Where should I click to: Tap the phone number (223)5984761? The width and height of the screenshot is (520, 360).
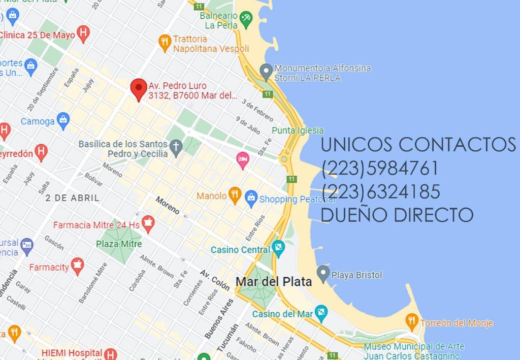point(380,168)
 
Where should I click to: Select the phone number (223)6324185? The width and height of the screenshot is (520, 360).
point(380,192)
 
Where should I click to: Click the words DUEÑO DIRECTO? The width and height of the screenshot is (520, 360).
point(397,215)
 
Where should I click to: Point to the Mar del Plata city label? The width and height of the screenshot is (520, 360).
point(274,281)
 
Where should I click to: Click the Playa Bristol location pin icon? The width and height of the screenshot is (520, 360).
point(323,274)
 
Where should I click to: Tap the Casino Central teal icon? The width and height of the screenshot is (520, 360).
point(278,249)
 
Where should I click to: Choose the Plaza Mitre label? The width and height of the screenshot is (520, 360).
point(119,244)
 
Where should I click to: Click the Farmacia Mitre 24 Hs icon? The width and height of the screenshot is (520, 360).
point(148,223)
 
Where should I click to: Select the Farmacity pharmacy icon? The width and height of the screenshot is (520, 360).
point(78,266)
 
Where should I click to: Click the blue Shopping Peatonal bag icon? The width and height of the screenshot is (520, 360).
point(251,199)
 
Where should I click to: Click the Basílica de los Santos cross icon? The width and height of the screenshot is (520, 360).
point(176,148)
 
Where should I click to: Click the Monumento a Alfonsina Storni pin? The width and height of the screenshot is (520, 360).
point(266,71)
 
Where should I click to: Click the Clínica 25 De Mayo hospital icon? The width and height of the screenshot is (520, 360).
point(83,34)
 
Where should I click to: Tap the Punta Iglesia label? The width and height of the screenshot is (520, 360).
point(298,130)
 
